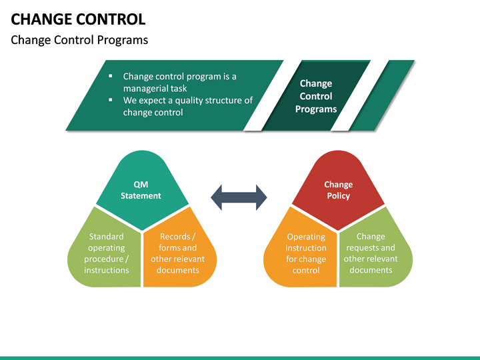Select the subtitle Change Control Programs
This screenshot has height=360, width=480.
point(79,40)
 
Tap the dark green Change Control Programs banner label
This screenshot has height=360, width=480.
point(315,96)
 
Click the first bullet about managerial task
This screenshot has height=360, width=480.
point(179,82)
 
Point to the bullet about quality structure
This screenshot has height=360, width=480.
point(187,106)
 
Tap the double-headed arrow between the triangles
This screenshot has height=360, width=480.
point(239,197)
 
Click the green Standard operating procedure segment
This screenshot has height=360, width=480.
point(107,253)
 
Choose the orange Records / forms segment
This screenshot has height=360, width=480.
point(177,253)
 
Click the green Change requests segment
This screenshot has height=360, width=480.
point(371,253)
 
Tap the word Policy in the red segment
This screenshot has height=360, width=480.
point(338,196)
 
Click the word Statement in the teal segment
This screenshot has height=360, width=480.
point(141,196)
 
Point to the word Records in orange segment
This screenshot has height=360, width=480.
point(175,237)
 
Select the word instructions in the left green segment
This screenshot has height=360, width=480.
point(107,270)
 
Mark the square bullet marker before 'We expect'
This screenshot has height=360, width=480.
point(110,100)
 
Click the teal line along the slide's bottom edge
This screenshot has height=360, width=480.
point(240,357)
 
